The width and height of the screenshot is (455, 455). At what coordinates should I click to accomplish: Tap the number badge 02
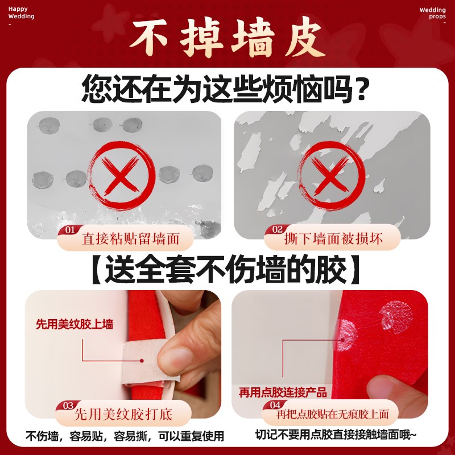pos(277,230)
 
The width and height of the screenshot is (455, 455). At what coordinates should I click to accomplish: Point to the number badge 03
pos(68,406)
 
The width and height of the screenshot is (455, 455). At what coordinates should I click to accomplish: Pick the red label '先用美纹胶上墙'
pos(75,325)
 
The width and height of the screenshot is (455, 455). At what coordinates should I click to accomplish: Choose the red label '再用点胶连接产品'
pos(283,392)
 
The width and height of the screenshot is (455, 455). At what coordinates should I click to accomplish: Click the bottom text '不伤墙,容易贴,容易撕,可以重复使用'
pos(125,437)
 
